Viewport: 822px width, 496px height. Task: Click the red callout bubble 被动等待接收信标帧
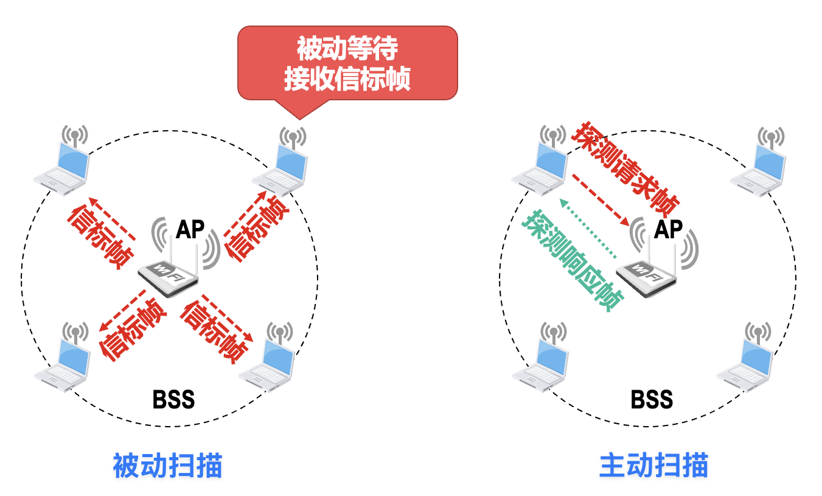coord(347,63)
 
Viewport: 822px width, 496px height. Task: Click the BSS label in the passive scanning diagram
coord(173,400)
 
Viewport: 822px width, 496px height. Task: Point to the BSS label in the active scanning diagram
coord(652,399)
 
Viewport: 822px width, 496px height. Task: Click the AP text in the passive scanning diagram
coord(190,230)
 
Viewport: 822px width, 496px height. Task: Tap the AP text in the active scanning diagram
coord(668,230)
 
